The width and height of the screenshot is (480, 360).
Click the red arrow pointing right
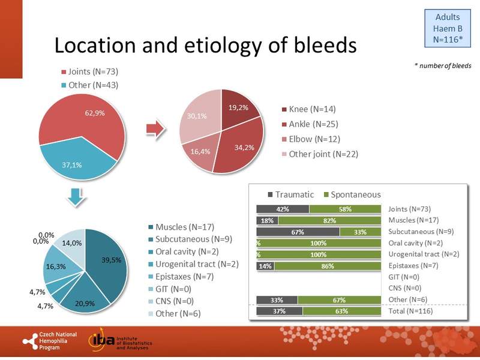coord(156,129)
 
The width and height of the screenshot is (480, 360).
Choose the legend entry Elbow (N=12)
coord(310,139)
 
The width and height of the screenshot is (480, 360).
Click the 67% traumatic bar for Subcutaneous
coord(298,232)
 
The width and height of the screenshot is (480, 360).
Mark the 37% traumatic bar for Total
coord(280,311)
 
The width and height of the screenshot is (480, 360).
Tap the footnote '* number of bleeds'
coord(442,65)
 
